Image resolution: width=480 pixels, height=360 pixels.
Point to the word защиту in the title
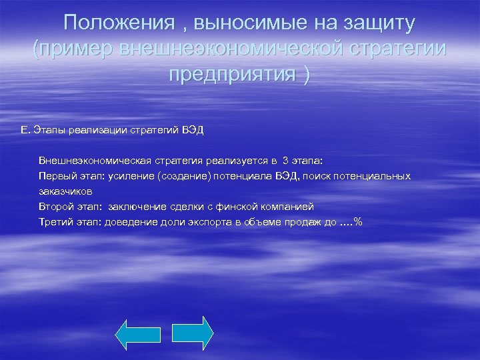click(377, 23)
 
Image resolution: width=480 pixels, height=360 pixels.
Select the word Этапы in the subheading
click(48, 130)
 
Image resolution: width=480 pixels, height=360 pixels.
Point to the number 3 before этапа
click(285, 161)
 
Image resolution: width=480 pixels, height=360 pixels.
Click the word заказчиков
click(65, 191)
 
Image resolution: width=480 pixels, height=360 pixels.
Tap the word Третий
click(57, 222)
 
